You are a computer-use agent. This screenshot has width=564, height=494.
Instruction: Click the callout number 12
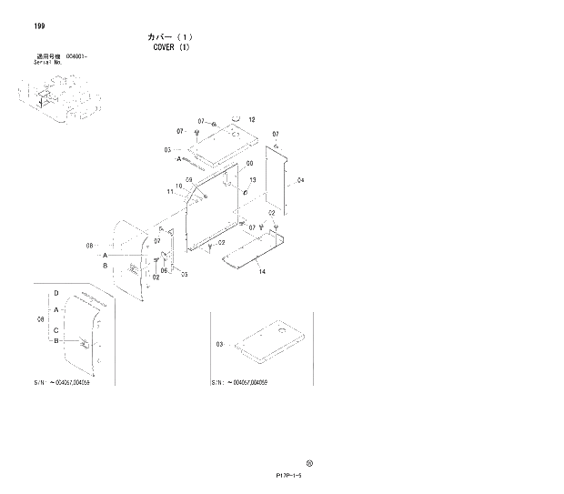point(252,120)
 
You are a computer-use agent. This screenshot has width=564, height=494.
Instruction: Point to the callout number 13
point(252,181)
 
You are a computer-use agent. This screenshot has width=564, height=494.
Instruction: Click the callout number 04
point(300,180)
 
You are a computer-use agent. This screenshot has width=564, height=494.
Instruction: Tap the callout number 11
point(170,192)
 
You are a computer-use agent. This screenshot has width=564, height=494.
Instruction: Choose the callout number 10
point(179,186)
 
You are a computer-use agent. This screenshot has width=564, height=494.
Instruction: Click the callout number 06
point(165,270)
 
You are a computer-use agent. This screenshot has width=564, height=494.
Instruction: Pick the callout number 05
point(184,274)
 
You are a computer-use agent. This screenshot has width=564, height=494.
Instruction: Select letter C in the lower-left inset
point(56,329)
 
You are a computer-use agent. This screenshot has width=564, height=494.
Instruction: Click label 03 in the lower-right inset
point(219,344)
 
